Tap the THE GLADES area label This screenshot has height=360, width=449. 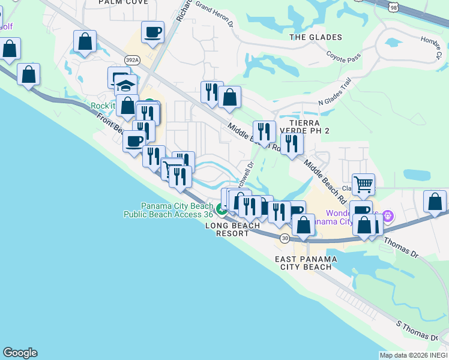pos(316,37)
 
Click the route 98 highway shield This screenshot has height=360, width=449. pos(392,6)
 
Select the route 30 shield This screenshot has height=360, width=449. pos(285,238)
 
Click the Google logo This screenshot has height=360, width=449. pos(20,353)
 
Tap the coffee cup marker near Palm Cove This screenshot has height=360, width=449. pos(153,32)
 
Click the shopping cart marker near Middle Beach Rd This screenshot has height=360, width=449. pos(363,184)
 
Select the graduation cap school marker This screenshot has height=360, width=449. pos(125,85)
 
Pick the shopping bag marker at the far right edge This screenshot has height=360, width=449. pos(435,202)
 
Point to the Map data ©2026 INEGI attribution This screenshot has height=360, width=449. pos(413,355)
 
